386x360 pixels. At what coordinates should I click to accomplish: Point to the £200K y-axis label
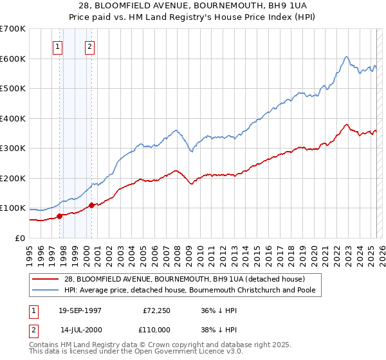[x=13, y=178]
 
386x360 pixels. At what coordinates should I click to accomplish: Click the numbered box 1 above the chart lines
[x=58, y=46]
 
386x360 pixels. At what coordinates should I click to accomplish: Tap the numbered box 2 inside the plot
[x=89, y=46]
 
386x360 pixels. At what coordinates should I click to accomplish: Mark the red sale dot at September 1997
[x=60, y=216]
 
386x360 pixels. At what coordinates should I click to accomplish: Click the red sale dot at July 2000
[x=91, y=205]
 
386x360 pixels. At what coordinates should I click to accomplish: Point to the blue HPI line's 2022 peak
[x=346, y=57]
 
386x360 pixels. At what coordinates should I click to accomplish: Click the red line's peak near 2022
[x=346, y=125]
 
